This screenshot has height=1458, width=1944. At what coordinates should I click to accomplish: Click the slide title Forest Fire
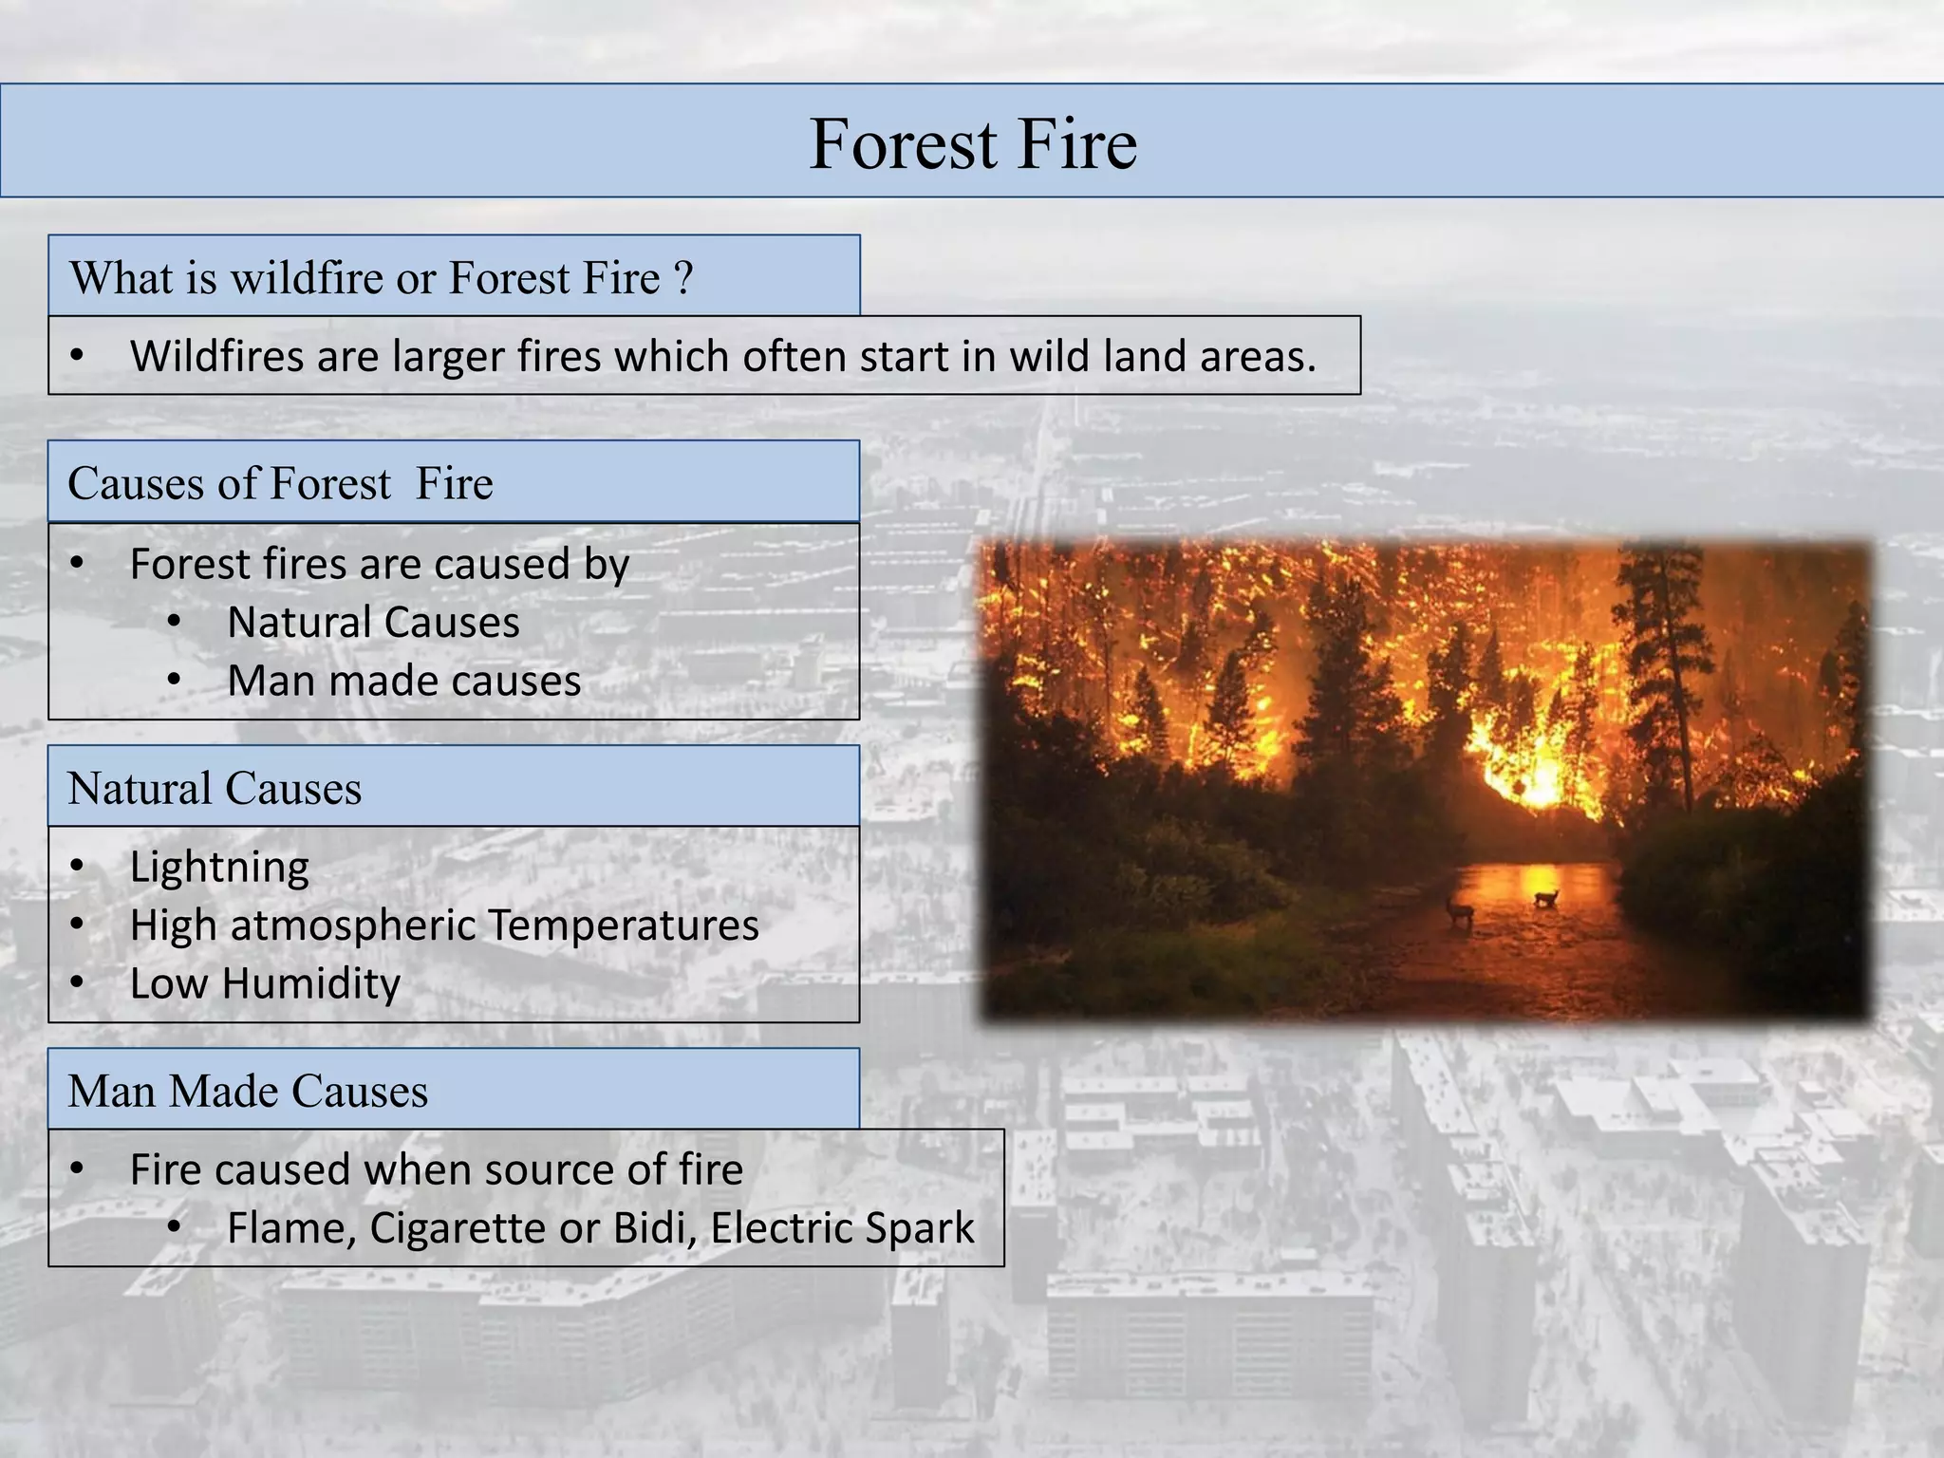(x=973, y=143)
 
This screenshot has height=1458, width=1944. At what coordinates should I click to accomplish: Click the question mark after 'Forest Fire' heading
(x=683, y=278)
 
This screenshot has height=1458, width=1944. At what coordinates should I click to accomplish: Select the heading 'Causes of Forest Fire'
(x=280, y=483)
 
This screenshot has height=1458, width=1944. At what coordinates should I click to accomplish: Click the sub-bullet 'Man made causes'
(x=403, y=682)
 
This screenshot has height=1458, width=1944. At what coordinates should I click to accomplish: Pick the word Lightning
(x=219, y=868)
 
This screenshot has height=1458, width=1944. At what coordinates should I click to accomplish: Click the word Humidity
(x=311, y=983)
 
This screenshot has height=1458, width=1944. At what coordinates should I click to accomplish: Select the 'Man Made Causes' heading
(x=248, y=1091)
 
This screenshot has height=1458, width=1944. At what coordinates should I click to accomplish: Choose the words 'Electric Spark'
(x=842, y=1228)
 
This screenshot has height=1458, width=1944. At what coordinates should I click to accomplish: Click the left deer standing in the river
(x=1459, y=911)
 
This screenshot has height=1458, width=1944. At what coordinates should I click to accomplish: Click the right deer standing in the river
(x=1546, y=897)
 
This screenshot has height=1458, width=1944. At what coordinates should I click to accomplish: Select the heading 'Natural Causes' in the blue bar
(x=215, y=789)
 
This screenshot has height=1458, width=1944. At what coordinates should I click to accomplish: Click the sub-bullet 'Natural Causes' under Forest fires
(x=373, y=624)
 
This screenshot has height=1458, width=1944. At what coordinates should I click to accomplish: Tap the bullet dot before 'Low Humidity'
(x=78, y=983)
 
